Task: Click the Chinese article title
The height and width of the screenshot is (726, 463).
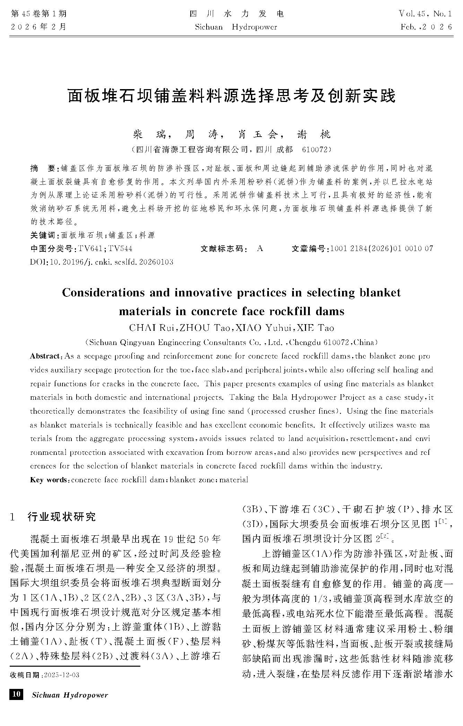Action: coord(231,96)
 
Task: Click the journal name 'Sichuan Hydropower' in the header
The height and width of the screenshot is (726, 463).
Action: coord(236,27)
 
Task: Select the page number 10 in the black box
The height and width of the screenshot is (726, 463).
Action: coord(16,694)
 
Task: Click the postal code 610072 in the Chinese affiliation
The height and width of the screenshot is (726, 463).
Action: coord(314,149)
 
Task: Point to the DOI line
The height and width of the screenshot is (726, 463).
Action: coord(102,262)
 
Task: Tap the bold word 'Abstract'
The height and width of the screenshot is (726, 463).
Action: coord(45,356)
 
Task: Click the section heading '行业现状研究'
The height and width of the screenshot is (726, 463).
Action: coord(61,517)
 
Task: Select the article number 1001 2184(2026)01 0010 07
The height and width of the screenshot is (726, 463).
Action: coord(382,249)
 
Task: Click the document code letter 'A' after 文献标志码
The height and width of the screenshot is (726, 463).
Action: coord(260,249)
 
